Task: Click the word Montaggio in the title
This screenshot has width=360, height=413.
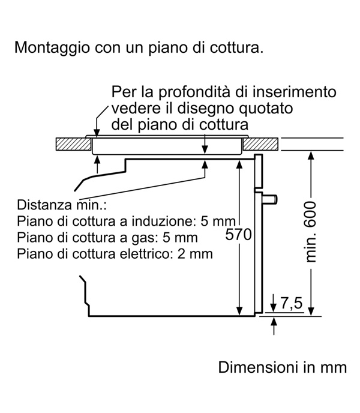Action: [52, 48]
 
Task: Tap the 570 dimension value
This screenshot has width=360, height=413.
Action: [238, 235]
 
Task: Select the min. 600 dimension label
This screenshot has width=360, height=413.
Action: [310, 232]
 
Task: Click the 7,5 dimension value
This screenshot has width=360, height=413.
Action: [291, 303]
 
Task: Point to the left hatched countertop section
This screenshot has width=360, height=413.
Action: [74, 144]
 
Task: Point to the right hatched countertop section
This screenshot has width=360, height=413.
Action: [260, 144]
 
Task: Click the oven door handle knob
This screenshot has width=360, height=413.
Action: [269, 199]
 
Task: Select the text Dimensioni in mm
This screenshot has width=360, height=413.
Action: [283, 367]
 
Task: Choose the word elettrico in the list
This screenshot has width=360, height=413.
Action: [145, 254]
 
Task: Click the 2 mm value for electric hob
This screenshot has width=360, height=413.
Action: [195, 254]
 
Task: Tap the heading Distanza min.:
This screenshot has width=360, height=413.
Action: [62, 205]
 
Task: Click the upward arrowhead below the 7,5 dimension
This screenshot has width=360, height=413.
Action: [274, 322]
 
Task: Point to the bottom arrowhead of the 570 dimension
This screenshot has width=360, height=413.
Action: [239, 311]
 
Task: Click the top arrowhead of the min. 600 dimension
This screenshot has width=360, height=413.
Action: [311, 155]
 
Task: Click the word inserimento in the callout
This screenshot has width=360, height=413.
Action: [295, 92]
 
